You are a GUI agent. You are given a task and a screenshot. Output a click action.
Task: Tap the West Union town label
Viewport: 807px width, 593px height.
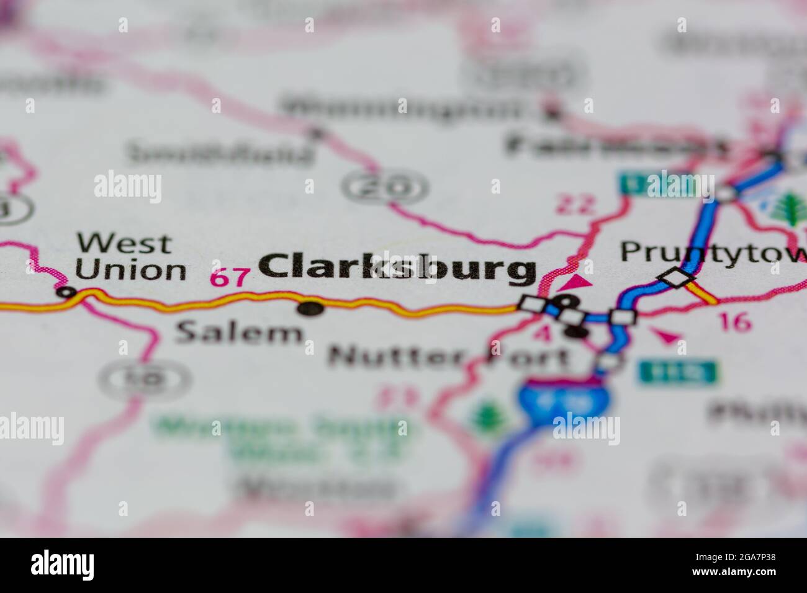(x=130, y=257)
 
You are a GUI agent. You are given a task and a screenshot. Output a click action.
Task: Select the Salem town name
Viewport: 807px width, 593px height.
(x=239, y=333)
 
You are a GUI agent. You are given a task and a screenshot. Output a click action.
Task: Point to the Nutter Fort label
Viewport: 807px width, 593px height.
(x=448, y=357)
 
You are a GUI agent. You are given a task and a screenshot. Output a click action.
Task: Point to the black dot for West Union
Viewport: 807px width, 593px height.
(x=65, y=292)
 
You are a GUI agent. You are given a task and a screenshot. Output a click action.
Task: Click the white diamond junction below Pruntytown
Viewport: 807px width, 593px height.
(x=676, y=277)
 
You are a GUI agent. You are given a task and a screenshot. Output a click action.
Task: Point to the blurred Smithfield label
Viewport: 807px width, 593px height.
(x=220, y=152)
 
